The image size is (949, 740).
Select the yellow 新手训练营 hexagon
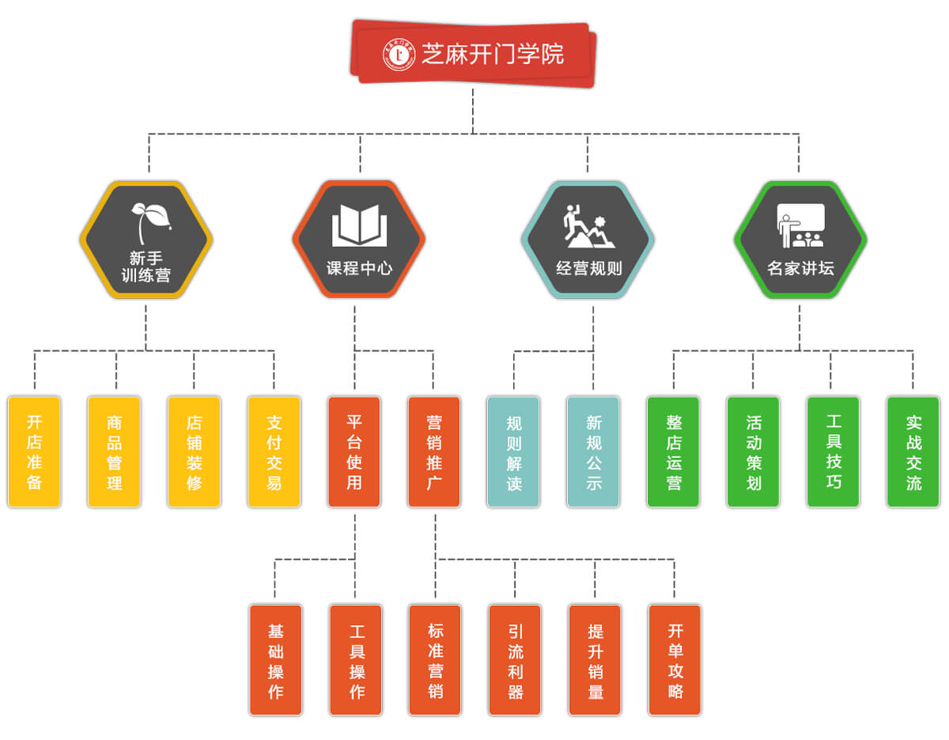[146, 240]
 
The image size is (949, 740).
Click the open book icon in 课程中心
[359, 225]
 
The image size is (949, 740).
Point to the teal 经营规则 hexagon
[588, 240]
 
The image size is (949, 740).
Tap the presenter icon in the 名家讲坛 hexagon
[800, 226]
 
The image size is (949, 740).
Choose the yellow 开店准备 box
[35, 451]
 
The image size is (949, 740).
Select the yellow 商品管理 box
[115, 451]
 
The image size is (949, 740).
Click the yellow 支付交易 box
[274, 451]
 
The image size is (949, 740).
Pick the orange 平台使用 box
[354, 451]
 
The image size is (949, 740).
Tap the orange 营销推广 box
[434, 451]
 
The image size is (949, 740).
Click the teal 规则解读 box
[514, 451]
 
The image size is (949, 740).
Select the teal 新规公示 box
[594, 451]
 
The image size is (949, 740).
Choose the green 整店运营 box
[674, 451]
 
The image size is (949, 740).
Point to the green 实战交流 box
[913, 451]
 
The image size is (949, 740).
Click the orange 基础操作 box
[276, 660]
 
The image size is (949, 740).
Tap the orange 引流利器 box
[515, 660]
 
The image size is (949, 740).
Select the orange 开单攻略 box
[675, 660]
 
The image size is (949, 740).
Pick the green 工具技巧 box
[834, 451]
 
